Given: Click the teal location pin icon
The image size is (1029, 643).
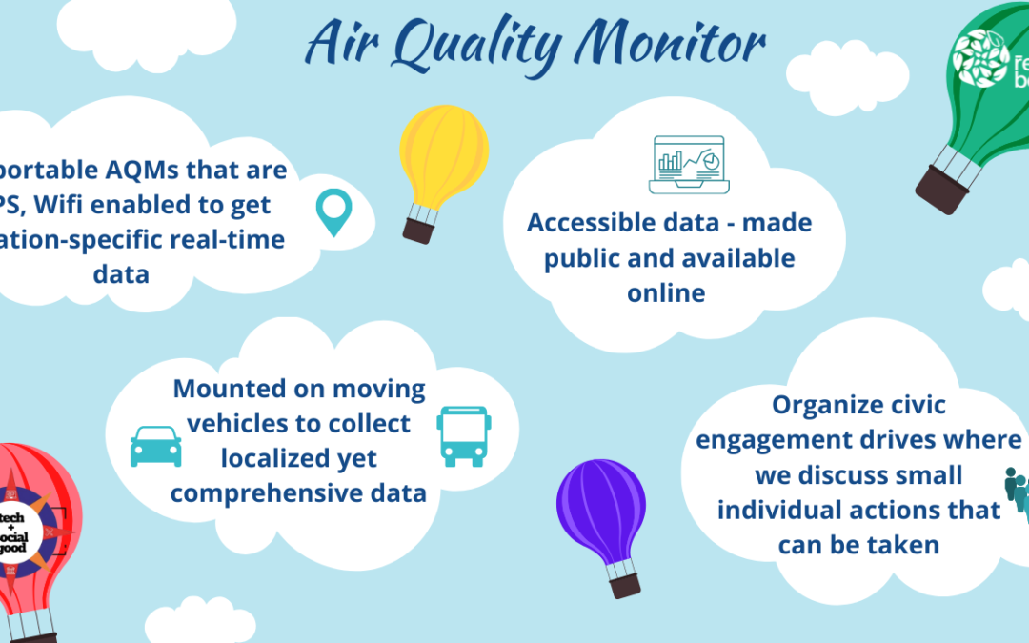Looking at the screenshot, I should click(x=333, y=212).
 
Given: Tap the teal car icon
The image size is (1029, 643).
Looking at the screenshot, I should click(x=155, y=446).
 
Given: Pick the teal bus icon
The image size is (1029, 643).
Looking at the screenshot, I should click(x=464, y=436).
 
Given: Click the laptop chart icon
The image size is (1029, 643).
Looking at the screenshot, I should click(x=688, y=164).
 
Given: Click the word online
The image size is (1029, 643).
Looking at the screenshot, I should click(x=666, y=292).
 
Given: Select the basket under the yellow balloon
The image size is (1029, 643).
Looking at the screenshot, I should click(x=418, y=229).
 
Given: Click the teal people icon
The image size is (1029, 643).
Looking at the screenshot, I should click(x=1018, y=489).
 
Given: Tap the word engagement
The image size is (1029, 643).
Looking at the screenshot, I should click(x=782, y=440).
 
